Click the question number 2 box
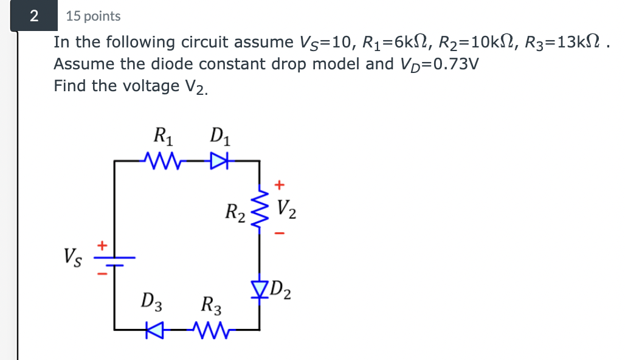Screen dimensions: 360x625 (34, 16)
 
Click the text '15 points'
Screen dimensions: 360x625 (93, 16)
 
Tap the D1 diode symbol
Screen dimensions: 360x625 (217, 162)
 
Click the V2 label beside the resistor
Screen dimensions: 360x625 (288, 209)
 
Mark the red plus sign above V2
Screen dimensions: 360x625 (280, 183)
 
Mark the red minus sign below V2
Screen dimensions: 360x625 (280, 232)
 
